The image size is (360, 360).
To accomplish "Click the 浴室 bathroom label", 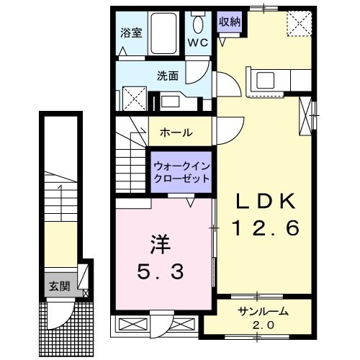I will click(x=130, y=33).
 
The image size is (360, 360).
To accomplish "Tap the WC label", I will click(x=198, y=42).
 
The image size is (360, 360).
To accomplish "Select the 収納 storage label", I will click(x=230, y=22).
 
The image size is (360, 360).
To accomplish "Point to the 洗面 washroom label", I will click(x=168, y=74).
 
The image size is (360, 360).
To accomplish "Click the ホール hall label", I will click(x=176, y=132).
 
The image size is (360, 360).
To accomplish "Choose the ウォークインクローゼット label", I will click(x=181, y=172).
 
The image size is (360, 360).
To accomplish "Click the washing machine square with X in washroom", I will click(x=131, y=96).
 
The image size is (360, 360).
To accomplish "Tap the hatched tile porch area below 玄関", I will click(x=65, y=317).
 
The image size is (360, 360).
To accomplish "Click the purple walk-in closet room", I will click(x=181, y=173).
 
